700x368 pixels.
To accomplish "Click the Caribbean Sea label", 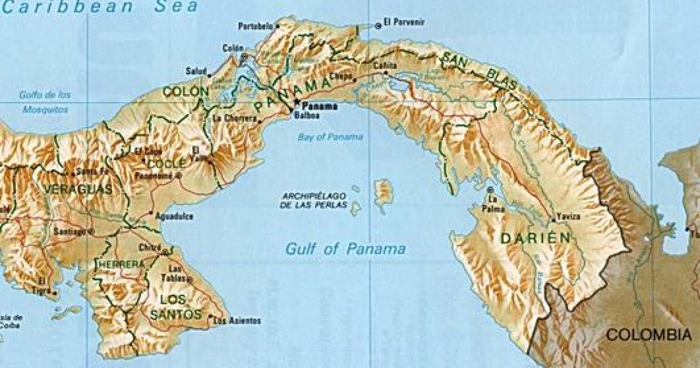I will (99, 8).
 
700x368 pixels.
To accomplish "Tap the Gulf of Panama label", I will (345, 249).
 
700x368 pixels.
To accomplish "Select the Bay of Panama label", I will (330, 137).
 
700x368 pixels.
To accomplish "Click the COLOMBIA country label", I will (648, 335).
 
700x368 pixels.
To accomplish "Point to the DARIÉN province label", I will (534, 238).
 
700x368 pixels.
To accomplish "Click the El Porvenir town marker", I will (378, 25).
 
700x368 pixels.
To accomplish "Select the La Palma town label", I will (492, 204).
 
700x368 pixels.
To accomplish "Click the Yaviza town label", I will (568, 217).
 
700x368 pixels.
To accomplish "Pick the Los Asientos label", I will (237, 321).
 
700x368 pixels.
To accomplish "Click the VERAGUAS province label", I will (77, 190).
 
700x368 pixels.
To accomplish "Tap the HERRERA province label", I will (119, 265).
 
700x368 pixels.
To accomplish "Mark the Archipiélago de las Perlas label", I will (313, 200).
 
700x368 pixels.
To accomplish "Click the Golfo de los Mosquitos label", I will (44, 102).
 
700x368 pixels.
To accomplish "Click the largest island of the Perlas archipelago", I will (383, 193).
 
